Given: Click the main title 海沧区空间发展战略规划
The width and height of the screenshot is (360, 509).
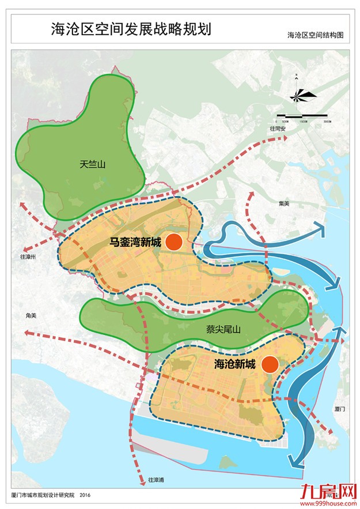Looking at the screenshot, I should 131,29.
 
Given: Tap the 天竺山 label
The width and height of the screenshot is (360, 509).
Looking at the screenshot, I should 93,164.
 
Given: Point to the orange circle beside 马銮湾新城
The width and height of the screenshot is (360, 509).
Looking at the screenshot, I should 174,242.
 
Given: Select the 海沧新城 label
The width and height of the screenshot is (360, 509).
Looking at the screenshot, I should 234,364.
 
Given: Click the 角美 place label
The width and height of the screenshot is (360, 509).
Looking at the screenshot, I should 31,315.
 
